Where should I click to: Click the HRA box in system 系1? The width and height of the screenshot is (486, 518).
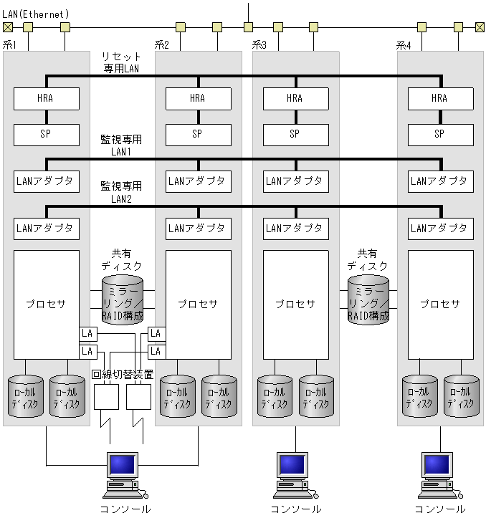(x=47, y=98)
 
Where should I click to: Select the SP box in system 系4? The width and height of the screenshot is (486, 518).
(x=440, y=133)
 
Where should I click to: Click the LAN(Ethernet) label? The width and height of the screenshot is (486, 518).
(x=36, y=14)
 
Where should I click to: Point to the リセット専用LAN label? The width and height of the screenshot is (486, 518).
(x=121, y=62)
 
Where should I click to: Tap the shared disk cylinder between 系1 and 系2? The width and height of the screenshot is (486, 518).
(x=123, y=299)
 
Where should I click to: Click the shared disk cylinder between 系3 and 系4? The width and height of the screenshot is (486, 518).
(x=368, y=299)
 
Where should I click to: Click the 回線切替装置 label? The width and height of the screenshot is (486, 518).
(x=123, y=374)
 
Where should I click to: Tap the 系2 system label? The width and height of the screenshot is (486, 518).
(x=162, y=45)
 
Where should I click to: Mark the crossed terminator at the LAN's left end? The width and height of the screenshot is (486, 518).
(x=8, y=27)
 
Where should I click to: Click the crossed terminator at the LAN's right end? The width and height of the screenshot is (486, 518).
(x=480, y=27)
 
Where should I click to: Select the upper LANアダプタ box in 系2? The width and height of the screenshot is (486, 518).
(x=199, y=181)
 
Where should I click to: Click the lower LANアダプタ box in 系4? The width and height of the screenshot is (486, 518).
(x=440, y=229)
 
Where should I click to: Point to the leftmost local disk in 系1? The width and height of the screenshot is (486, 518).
(x=26, y=396)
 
